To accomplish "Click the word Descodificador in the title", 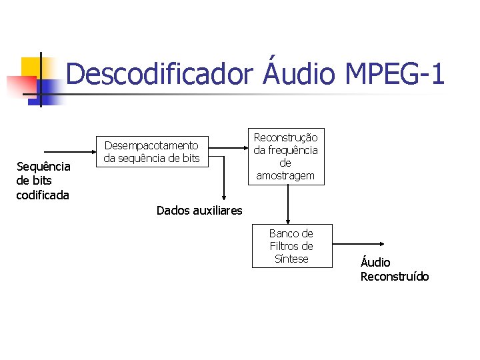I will pos(157,74).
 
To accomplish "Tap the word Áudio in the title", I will pos(297,74).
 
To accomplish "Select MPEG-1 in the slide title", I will pos(395,74).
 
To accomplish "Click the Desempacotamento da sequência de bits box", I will pos(151,151).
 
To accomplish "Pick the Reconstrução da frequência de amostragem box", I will pos(285,156).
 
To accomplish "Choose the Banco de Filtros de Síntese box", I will pos(291,246).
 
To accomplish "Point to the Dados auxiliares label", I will pos(199,211).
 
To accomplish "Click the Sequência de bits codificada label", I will pos(43,180).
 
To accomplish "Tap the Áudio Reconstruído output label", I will pos(395,269).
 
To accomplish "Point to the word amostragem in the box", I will pos(285,176).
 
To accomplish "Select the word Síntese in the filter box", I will pos(291,259).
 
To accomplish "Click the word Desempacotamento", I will pos(151,145).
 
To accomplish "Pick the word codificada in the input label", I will pos(43,195).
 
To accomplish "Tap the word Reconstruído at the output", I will pos(395,276).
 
